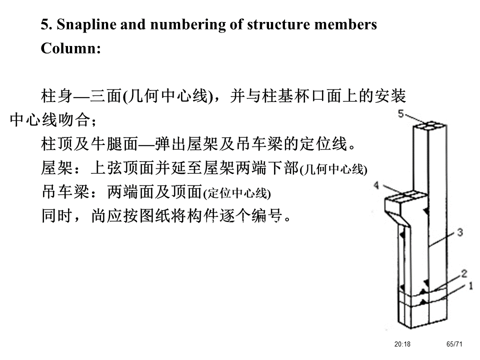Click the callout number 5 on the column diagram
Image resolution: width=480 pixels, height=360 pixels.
[401, 114]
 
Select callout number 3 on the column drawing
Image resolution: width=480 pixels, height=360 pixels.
[460, 232]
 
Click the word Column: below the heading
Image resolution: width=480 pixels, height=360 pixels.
[71, 49]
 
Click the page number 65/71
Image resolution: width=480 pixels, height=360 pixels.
[454, 344]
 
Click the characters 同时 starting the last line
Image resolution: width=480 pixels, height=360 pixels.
[53, 216]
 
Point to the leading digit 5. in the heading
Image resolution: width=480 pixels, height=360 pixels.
[45, 24]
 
